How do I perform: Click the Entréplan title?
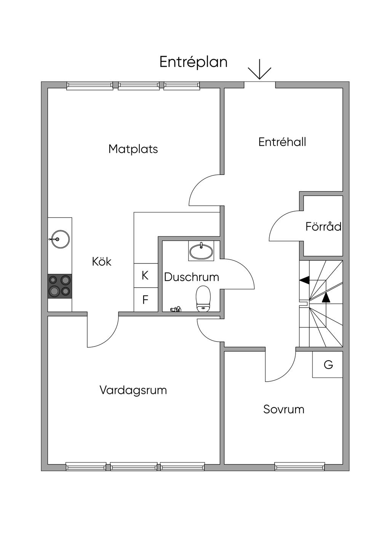[193, 62]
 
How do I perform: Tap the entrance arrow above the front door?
[259, 70]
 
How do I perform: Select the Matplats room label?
[133, 149]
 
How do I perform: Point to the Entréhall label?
[282, 142]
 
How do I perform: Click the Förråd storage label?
[323, 227]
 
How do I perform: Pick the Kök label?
[102, 262]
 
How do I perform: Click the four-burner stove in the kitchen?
[60, 286]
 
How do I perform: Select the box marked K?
[145, 275]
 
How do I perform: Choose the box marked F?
[145, 300]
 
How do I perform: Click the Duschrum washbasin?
[201, 251]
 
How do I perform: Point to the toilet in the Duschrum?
[203, 299]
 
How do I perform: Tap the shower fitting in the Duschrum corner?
[176, 309]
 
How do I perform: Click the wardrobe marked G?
[328, 365]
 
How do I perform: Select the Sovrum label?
[284, 409]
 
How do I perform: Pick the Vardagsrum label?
[133, 390]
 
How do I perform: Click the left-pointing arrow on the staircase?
[304, 280]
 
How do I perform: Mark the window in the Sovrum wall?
[300, 466]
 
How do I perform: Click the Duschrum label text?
[192, 277]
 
